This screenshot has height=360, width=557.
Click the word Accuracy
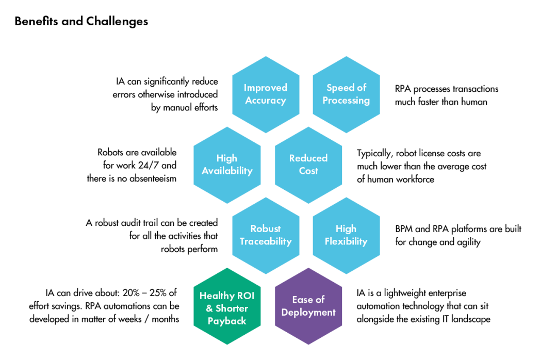pyautogui.click(x=266, y=101)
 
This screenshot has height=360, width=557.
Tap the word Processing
pyautogui.click(x=346, y=101)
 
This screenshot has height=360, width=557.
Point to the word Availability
pyautogui.click(x=227, y=171)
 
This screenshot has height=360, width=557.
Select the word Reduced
pyautogui.click(x=308, y=158)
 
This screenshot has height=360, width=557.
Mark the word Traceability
pyautogui.click(x=266, y=241)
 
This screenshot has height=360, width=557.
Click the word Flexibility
pyautogui.click(x=346, y=241)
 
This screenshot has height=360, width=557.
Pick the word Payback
pyautogui.click(x=227, y=321)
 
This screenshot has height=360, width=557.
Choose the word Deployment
pyautogui.click(x=308, y=313)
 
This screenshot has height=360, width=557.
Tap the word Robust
pyautogui.click(x=266, y=228)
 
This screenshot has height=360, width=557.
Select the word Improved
pyautogui.click(x=266, y=88)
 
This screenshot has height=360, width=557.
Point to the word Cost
pyautogui.click(x=308, y=171)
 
